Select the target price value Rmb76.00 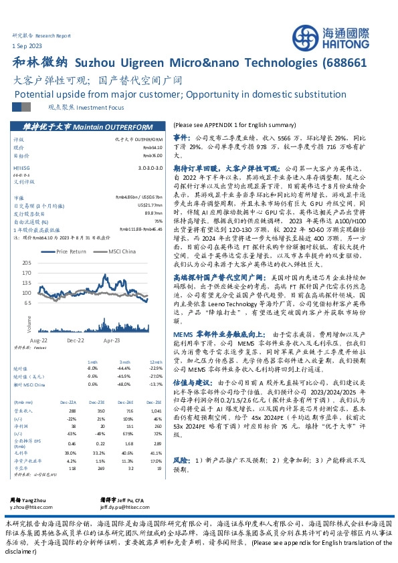153,153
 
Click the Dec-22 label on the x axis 75,340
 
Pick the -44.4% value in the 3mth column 122,368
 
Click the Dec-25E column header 155,401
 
